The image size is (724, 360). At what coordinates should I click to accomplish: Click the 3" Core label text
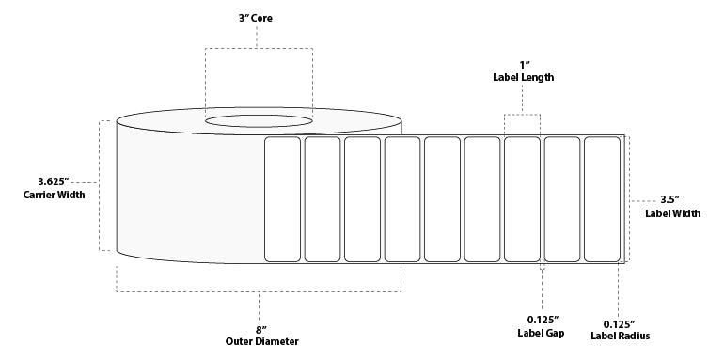257,19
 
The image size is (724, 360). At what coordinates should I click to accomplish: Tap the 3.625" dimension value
54,181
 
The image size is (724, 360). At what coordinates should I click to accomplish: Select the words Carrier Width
54,195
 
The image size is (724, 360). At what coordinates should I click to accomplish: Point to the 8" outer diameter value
261,330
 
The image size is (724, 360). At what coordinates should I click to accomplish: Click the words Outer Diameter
261,341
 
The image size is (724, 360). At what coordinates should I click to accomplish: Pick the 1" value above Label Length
523,65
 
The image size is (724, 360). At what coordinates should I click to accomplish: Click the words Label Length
523,77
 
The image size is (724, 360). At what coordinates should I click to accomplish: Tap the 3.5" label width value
670,200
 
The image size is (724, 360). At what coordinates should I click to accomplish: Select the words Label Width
672,213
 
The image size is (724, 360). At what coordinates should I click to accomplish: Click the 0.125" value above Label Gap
543,320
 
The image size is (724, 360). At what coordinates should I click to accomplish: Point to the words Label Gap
541,333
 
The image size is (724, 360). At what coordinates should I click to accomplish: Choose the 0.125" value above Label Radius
621,323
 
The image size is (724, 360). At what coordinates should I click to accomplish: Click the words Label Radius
621,336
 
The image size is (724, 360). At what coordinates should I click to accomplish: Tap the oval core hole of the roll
259,121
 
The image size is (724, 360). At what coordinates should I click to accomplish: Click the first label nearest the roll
283,199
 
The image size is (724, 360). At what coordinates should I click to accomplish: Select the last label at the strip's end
602,199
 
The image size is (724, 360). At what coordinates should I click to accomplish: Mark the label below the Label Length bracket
522,199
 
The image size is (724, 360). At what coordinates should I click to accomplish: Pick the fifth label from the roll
442,199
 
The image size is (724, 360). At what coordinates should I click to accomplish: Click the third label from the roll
362,199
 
